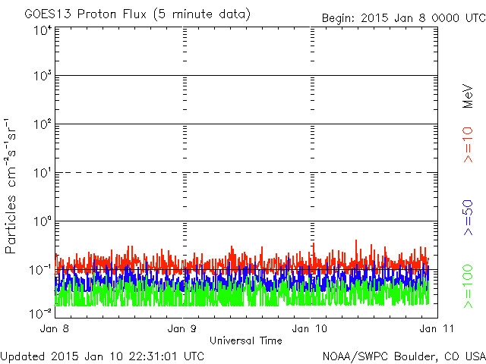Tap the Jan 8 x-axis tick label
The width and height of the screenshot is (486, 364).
55,328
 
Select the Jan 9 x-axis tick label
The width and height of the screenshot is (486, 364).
182,328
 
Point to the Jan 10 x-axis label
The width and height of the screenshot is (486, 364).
310,328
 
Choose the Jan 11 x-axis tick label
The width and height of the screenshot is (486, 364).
437,328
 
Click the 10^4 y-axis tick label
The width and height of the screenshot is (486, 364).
43,30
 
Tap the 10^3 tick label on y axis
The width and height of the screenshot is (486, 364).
43,76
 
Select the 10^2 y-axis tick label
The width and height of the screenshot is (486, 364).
43,124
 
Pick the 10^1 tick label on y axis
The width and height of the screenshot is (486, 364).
43,173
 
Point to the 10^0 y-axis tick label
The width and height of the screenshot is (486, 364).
43,221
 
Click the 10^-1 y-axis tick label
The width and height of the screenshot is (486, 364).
40,270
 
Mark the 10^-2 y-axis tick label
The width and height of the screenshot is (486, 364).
40,313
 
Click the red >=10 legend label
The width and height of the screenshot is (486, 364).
468,145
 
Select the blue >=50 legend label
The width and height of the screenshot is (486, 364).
468,218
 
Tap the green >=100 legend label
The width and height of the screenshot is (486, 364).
468,287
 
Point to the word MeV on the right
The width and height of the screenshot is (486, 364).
468,96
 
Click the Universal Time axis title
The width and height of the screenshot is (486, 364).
246,340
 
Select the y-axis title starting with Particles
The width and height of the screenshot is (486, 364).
11,186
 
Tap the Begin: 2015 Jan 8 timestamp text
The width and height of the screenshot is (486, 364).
404,18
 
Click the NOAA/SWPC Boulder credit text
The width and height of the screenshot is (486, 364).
404,356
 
